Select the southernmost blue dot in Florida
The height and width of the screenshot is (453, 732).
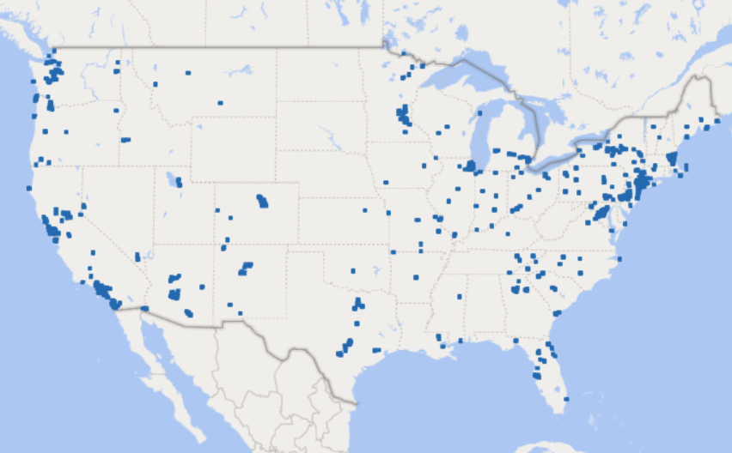click(566, 399)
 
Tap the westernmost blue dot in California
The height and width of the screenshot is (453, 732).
click(28, 188)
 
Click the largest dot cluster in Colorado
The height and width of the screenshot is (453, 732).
click(262, 202)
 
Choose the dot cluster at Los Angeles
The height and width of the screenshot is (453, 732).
click(101, 288)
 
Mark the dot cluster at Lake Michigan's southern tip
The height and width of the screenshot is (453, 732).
click(470, 166)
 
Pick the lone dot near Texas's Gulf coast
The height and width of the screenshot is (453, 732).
click(375, 350)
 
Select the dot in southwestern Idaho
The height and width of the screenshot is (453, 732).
click(125, 140)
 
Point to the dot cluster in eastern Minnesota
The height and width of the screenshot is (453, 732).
click(403, 113)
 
